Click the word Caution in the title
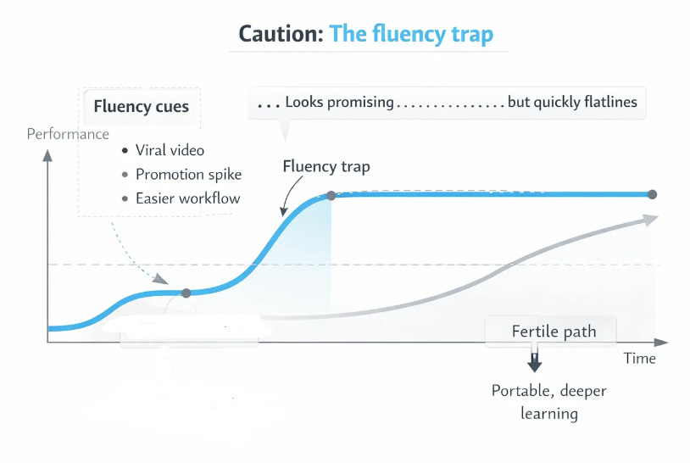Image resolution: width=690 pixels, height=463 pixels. point(279,35)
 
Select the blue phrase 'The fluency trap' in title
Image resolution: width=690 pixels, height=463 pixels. point(410,35)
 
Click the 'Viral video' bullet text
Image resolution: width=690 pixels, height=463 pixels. point(170,150)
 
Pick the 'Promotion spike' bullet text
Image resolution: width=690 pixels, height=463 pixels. point(188,175)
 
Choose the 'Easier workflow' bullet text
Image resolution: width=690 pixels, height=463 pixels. point(187,198)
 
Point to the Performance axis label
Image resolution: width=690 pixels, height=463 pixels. point(68,134)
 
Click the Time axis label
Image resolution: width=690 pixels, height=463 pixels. point(639,358)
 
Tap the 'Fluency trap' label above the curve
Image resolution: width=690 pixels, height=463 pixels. point(326,166)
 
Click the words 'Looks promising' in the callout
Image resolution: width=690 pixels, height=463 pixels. point(339,103)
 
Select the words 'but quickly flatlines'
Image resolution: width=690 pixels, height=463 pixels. point(572,103)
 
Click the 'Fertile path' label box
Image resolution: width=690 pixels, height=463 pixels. point(554,331)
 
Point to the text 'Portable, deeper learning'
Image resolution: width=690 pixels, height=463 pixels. point(549,402)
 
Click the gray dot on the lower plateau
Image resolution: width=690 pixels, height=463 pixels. point(186,293)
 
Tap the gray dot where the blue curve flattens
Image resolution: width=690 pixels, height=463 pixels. point(331,195)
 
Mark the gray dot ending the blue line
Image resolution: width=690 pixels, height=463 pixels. point(652,195)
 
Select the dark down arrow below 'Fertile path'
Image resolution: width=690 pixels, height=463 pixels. point(534,363)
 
